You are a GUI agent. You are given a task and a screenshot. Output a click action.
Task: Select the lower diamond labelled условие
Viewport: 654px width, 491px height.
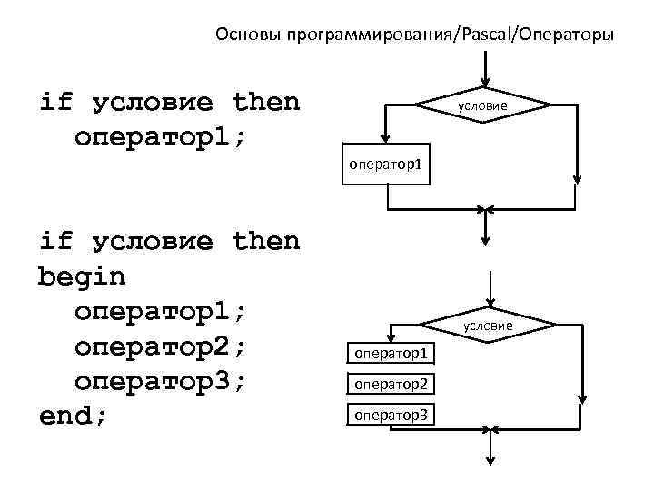(489, 325)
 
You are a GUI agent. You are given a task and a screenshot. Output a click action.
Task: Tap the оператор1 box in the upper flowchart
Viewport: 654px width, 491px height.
(387, 165)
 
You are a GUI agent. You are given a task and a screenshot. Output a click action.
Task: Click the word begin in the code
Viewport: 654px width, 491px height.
(82, 276)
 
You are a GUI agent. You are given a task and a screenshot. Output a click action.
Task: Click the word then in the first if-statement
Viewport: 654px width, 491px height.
(265, 101)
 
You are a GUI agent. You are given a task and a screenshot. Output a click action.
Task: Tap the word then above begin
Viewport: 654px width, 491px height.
(265, 241)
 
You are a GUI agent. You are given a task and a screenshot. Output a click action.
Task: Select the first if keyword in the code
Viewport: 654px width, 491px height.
(55, 101)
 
